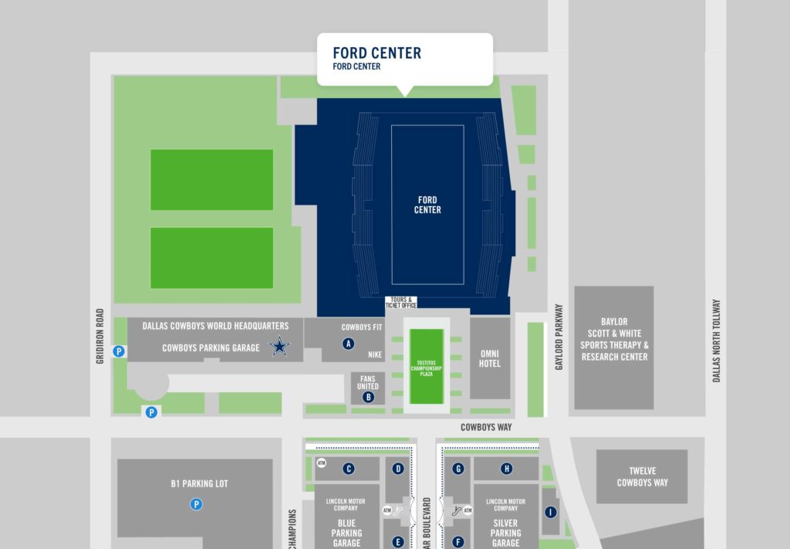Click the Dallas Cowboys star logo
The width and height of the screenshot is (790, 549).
279,347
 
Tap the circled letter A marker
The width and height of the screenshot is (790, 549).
348,344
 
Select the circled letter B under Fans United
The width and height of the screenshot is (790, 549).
368,397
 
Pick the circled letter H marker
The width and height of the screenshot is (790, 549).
507,468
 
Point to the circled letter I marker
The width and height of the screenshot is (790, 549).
550,512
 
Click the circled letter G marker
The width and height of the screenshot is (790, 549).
458,468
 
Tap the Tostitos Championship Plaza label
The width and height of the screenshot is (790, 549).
427,367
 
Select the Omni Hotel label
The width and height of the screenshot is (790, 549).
490,358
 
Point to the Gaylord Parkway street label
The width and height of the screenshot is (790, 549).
559,337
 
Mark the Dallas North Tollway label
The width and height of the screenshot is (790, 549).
716,341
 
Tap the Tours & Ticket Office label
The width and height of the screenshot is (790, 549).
403,303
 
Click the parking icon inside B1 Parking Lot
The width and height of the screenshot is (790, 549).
197,504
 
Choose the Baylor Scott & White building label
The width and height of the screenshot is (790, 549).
614,339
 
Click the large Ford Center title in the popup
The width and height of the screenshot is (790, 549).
376,53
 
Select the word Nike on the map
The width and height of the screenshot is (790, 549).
375,355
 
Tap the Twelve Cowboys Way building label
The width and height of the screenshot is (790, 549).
642,477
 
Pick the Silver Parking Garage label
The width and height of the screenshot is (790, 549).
506,532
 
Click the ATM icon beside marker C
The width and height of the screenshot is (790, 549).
322,463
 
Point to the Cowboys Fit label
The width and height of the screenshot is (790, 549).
362,327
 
